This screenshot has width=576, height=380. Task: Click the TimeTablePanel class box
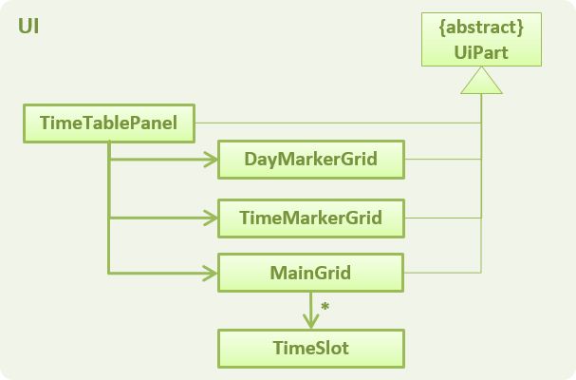[109, 123]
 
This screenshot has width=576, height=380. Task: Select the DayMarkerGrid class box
[311, 160]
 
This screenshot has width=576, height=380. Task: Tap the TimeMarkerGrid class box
[311, 218]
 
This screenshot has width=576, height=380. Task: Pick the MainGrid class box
[311, 273]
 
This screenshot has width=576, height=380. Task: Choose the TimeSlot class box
[311, 349]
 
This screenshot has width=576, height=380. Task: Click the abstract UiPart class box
[481, 39]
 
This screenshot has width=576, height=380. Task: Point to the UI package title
[28, 27]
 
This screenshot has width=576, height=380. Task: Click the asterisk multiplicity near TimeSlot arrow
[325, 306]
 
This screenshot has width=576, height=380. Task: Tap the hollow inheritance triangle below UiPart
[481, 80]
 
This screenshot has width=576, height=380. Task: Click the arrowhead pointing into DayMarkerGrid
[212, 160]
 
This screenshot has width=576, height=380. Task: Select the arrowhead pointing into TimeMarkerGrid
[212, 218]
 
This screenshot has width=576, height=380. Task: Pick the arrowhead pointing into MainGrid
[212, 274]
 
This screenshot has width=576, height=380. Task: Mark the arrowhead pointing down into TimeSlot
[311, 321]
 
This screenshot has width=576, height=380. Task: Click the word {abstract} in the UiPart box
[481, 28]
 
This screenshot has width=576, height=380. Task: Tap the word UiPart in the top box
[481, 52]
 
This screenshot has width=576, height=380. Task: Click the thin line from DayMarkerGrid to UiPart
[443, 160]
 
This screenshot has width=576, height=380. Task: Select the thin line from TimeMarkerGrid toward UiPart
[443, 218]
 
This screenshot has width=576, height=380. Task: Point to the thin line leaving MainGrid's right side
[442, 273]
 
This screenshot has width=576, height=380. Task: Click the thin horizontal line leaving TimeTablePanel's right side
[338, 123]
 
